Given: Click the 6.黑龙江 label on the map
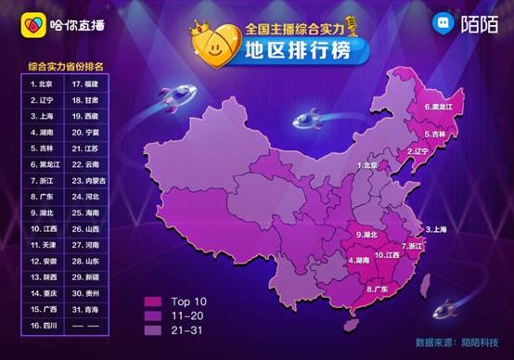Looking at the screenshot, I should (x=438, y=108).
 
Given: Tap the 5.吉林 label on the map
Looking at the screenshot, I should (x=436, y=135).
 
